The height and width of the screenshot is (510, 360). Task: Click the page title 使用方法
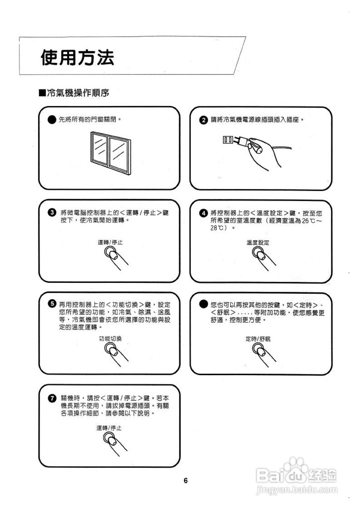point(77,58)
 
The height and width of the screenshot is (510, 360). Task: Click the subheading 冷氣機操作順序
point(74,93)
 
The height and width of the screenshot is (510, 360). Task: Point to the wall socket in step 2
point(228,139)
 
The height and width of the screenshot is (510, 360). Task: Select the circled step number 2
point(203,120)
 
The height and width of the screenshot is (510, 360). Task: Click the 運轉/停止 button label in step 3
point(110,242)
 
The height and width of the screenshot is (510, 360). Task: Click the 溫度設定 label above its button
point(258,242)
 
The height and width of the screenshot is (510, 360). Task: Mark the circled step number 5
point(51,304)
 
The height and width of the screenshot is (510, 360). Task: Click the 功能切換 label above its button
point(110,339)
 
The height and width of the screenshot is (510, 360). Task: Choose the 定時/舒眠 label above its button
point(258,339)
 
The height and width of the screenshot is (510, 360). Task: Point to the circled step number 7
point(51,398)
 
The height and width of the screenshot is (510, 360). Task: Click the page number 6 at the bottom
point(186,480)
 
